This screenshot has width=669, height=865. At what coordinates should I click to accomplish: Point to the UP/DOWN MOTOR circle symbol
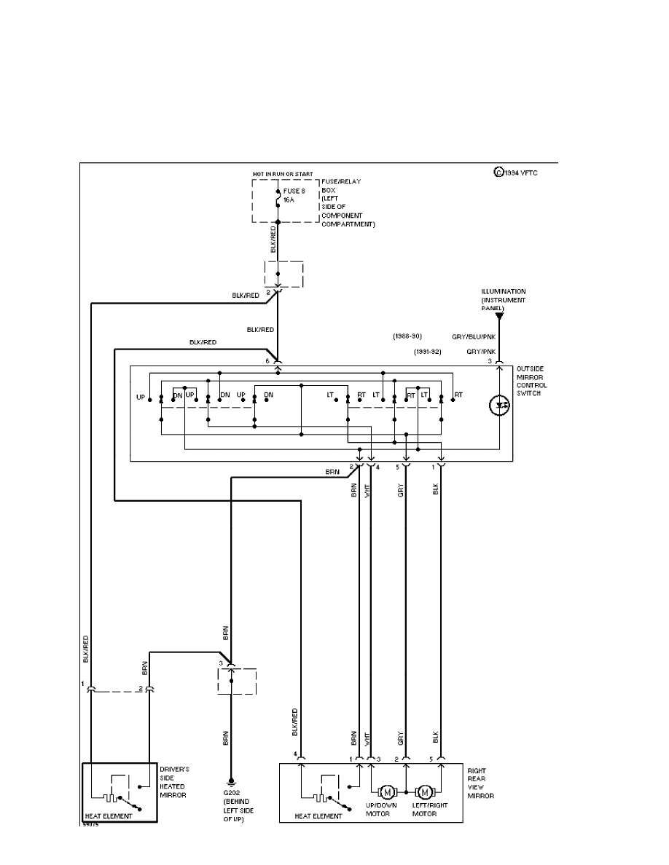point(387,792)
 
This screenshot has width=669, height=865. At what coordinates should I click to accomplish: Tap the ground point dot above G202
point(231,778)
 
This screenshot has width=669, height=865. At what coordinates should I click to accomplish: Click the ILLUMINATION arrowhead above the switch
point(499,317)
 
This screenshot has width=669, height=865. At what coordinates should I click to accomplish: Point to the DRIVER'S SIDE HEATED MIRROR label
point(175,782)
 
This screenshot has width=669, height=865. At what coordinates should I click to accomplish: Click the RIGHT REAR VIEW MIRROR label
point(480,783)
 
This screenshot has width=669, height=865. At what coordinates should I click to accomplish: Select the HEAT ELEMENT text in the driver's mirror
point(109,816)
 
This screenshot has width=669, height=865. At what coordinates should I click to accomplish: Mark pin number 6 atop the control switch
point(268,360)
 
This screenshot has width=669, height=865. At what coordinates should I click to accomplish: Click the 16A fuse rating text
point(289,200)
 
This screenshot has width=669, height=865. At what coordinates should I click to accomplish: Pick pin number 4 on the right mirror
point(294,754)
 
